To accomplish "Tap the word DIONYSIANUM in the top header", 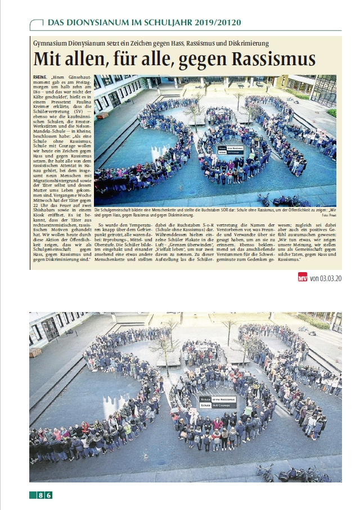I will (x=95, y=22).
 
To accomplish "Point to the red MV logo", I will (x=303, y=277).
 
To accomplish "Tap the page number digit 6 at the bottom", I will (x=49, y=495).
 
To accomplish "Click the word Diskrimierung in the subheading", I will (x=247, y=43).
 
